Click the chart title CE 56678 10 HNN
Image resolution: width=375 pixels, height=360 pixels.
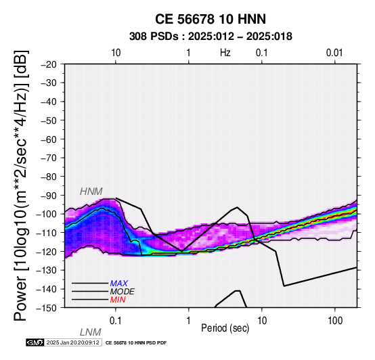pos(211,19)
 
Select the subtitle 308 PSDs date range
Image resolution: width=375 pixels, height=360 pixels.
pos(211,37)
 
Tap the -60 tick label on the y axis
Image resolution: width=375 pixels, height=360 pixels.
pos(49,139)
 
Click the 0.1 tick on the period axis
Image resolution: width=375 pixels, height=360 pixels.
pos(115,321)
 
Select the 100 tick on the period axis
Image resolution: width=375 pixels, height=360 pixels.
pos(335,321)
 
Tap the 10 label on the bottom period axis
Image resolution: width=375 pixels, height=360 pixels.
pos(262,321)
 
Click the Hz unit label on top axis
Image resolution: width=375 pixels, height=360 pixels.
pos(225,53)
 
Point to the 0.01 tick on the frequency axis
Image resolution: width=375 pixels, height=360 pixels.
pos(334,53)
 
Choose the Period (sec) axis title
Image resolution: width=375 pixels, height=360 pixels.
pos(225,328)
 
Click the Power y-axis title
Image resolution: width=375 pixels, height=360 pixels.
pos(21,185)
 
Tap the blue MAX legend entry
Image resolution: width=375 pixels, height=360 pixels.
pos(119,284)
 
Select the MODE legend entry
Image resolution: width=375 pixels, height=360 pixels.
pos(123,292)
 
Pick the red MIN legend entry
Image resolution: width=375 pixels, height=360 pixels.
pos(118,300)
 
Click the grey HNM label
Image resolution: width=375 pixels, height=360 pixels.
pos(91,192)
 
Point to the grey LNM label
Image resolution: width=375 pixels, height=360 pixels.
pos(91,332)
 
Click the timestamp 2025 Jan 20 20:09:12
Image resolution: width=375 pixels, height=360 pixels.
pos(72,343)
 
